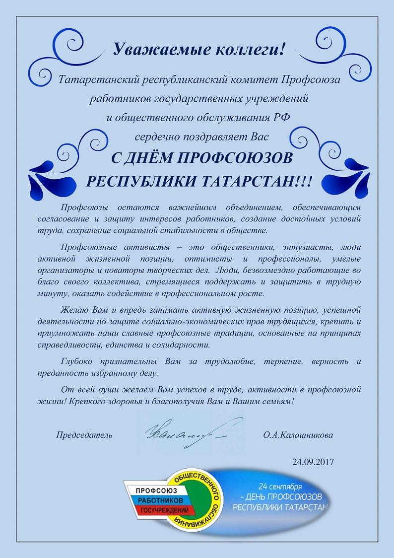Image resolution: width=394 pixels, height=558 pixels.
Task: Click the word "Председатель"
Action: (84, 435)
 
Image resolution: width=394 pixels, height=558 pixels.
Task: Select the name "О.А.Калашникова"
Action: (298, 435)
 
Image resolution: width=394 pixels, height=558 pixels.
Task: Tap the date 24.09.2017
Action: (313, 461)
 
